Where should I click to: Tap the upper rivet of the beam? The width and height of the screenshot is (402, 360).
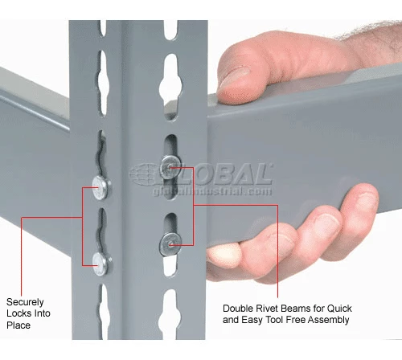click(x=170, y=168)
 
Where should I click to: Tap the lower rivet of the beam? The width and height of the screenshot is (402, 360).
click(x=170, y=240)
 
